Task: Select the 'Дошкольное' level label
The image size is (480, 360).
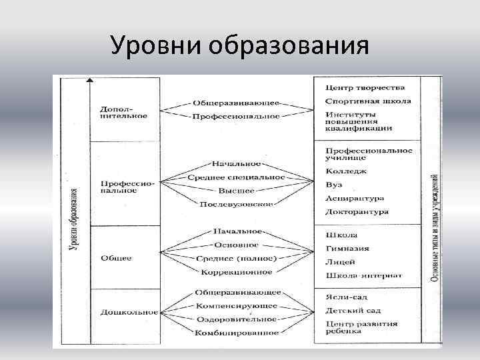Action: click(129, 311)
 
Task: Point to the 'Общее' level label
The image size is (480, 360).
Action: click(117, 257)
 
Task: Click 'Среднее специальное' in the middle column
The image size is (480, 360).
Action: click(236, 177)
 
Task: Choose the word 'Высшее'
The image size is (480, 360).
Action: click(237, 190)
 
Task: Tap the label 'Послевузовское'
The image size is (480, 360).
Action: click(237, 203)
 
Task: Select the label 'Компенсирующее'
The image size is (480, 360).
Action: click(237, 305)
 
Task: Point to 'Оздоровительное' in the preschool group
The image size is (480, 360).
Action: click(237, 318)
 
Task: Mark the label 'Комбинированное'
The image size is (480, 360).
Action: click(237, 331)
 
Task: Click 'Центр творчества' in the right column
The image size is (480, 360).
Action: click(365, 87)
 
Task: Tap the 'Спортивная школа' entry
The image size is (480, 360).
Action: click(368, 101)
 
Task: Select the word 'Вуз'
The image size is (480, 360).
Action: click(335, 185)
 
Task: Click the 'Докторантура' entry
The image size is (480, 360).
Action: click(357, 212)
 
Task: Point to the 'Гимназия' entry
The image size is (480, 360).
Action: click(347, 248)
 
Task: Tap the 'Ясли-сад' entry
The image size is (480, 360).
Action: click(347, 297)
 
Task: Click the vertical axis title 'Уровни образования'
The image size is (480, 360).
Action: click(74, 219)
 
